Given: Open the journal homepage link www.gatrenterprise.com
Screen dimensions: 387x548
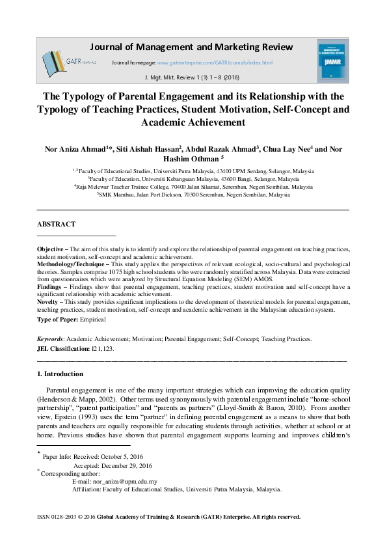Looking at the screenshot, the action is pyautogui.click(x=215, y=62).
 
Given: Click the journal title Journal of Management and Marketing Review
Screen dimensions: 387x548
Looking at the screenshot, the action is pyautogui.click(x=191, y=47).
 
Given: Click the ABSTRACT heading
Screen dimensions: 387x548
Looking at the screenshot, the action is pyautogui.click(x=56, y=223).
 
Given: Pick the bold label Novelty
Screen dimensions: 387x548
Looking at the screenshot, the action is pyautogui.click(x=49, y=301).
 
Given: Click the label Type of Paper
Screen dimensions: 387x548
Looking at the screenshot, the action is pyautogui.click(x=59, y=320).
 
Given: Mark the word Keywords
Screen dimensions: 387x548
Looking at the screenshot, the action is pyautogui.click(x=49, y=339).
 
